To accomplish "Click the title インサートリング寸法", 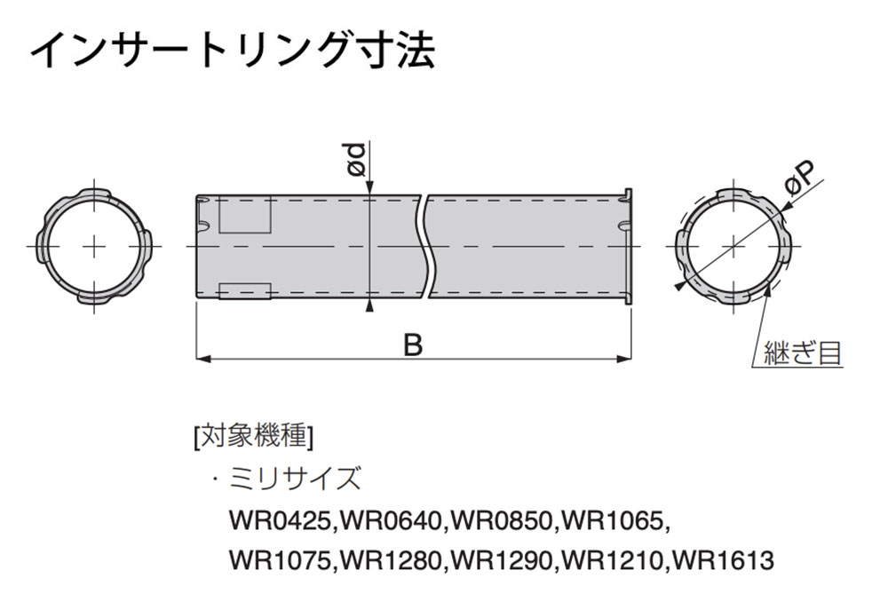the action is click(233, 51).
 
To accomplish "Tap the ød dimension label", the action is click(357, 160).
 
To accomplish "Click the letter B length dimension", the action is click(414, 345).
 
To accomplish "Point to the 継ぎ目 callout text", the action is click(803, 353).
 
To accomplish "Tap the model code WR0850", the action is click(502, 520).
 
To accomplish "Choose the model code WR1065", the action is click(613, 520).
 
